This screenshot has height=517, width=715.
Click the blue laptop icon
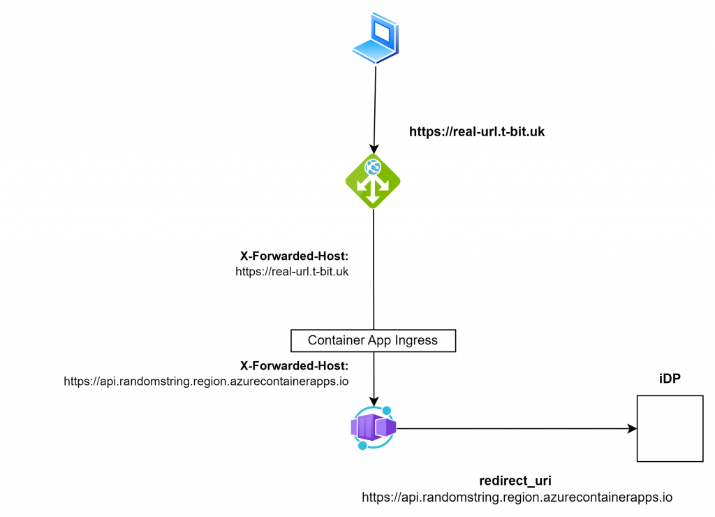tap(376, 38)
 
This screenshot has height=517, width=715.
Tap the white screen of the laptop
tap(383, 31)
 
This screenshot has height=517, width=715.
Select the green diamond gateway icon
tap(373, 181)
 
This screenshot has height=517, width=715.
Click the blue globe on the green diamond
tap(373, 167)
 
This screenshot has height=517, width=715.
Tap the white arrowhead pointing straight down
tap(373, 199)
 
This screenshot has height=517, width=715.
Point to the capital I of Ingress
tap(397, 340)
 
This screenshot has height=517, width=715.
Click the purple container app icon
tap(374, 427)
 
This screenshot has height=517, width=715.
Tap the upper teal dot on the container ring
tap(387, 411)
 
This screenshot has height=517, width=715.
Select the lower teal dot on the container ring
tap(362, 445)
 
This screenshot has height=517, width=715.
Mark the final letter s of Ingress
tap(434, 342)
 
